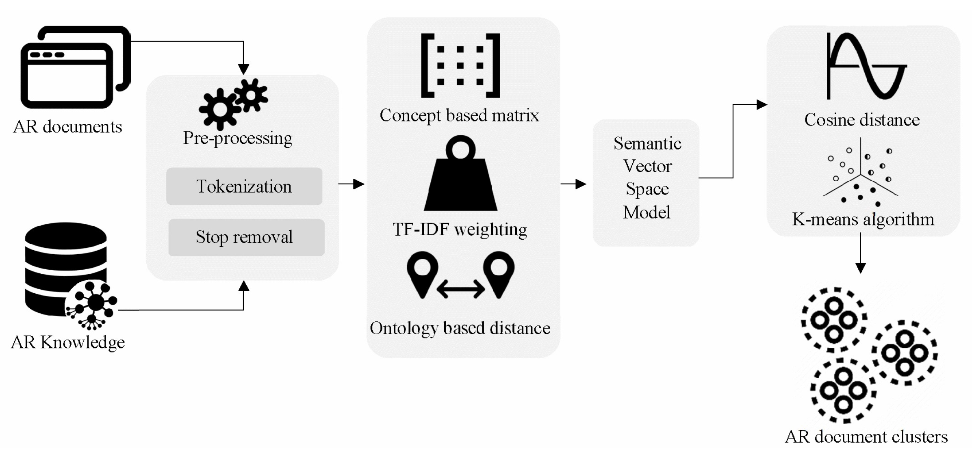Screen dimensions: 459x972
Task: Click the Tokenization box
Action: tap(244, 186)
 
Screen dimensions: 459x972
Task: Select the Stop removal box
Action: tap(246, 237)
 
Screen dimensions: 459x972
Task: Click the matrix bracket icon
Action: tap(460, 66)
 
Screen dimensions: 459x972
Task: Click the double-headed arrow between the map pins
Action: tap(460, 289)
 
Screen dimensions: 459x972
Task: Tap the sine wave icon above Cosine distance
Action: tap(866, 66)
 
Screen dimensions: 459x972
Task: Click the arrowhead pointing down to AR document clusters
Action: tap(860, 268)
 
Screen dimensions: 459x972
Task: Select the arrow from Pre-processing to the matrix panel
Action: tap(352, 184)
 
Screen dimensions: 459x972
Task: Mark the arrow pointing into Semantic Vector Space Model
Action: tap(574, 184)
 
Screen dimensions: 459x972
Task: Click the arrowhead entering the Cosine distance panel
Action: tap(761, 105)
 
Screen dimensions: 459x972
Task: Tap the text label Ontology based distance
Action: tap(460, 328)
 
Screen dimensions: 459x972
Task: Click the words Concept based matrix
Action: tap(459, 115)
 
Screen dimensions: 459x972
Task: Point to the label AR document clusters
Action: tap(866, 437)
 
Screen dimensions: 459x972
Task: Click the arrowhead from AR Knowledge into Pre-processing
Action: tap(243, 286)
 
